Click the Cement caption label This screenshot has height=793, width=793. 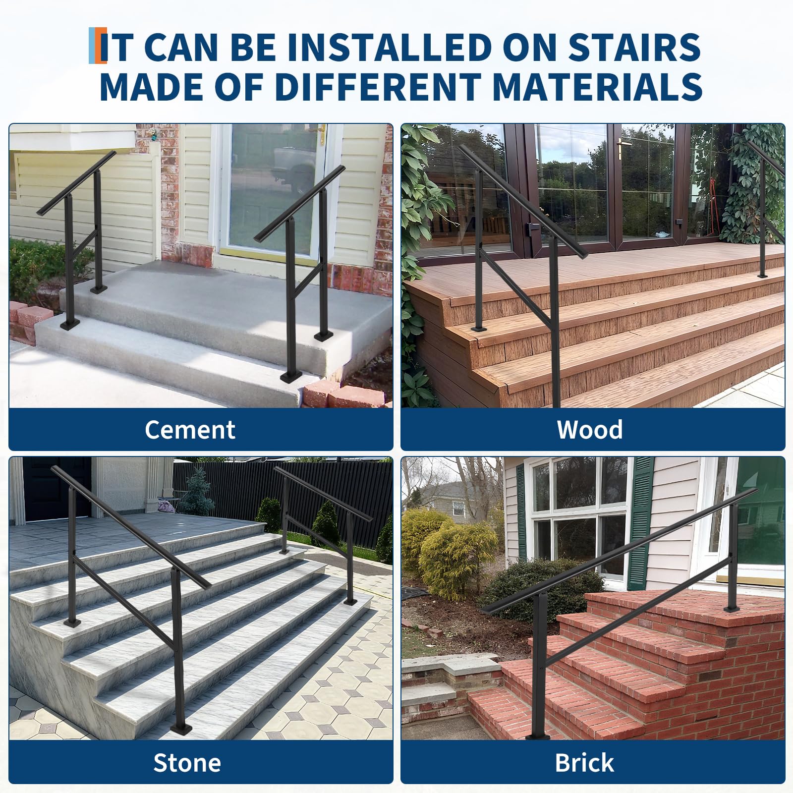(190, 430)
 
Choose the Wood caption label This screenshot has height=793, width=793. (590, 430)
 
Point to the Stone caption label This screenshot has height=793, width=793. (187, 763)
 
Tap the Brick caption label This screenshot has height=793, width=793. (584, 763)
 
